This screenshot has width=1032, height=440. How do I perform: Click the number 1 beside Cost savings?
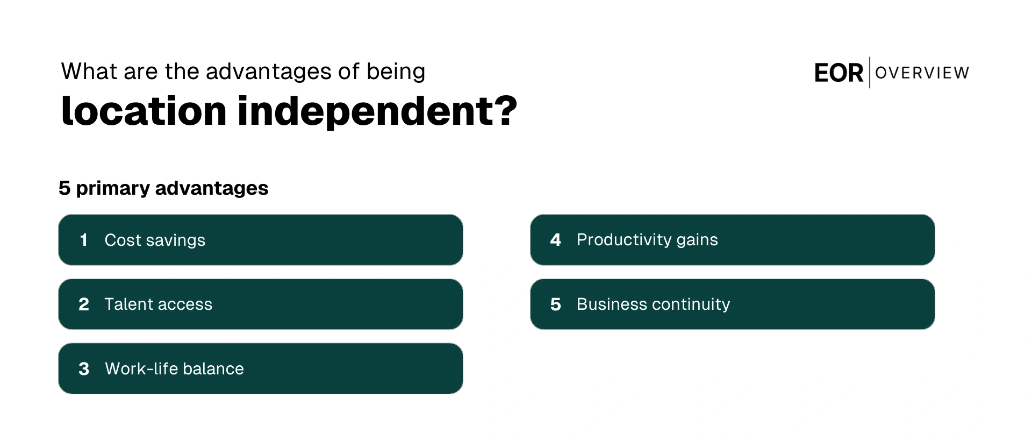pos(83,240)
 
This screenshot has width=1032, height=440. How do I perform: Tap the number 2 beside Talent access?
pos(84,304)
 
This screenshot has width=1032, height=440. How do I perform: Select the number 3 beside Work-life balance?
pos(84,369)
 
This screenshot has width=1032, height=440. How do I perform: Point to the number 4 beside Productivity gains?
pos(556,240)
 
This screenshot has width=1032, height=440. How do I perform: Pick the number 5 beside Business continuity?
pos(556,304)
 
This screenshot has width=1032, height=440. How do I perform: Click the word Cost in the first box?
pos(123,240)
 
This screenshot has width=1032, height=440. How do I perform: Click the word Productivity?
pos(623,240)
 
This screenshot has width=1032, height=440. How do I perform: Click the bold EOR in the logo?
pos(838,73)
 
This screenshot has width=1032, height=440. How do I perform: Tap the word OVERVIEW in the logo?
pos(922,73)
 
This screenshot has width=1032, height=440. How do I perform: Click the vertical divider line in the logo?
pos(870,73)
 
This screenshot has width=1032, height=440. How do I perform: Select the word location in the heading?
pos(144,111)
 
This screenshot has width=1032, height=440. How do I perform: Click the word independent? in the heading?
pos(377,111)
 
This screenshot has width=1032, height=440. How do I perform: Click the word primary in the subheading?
pos(113,189)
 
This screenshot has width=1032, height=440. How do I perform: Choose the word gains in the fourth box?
pos(697,240)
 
